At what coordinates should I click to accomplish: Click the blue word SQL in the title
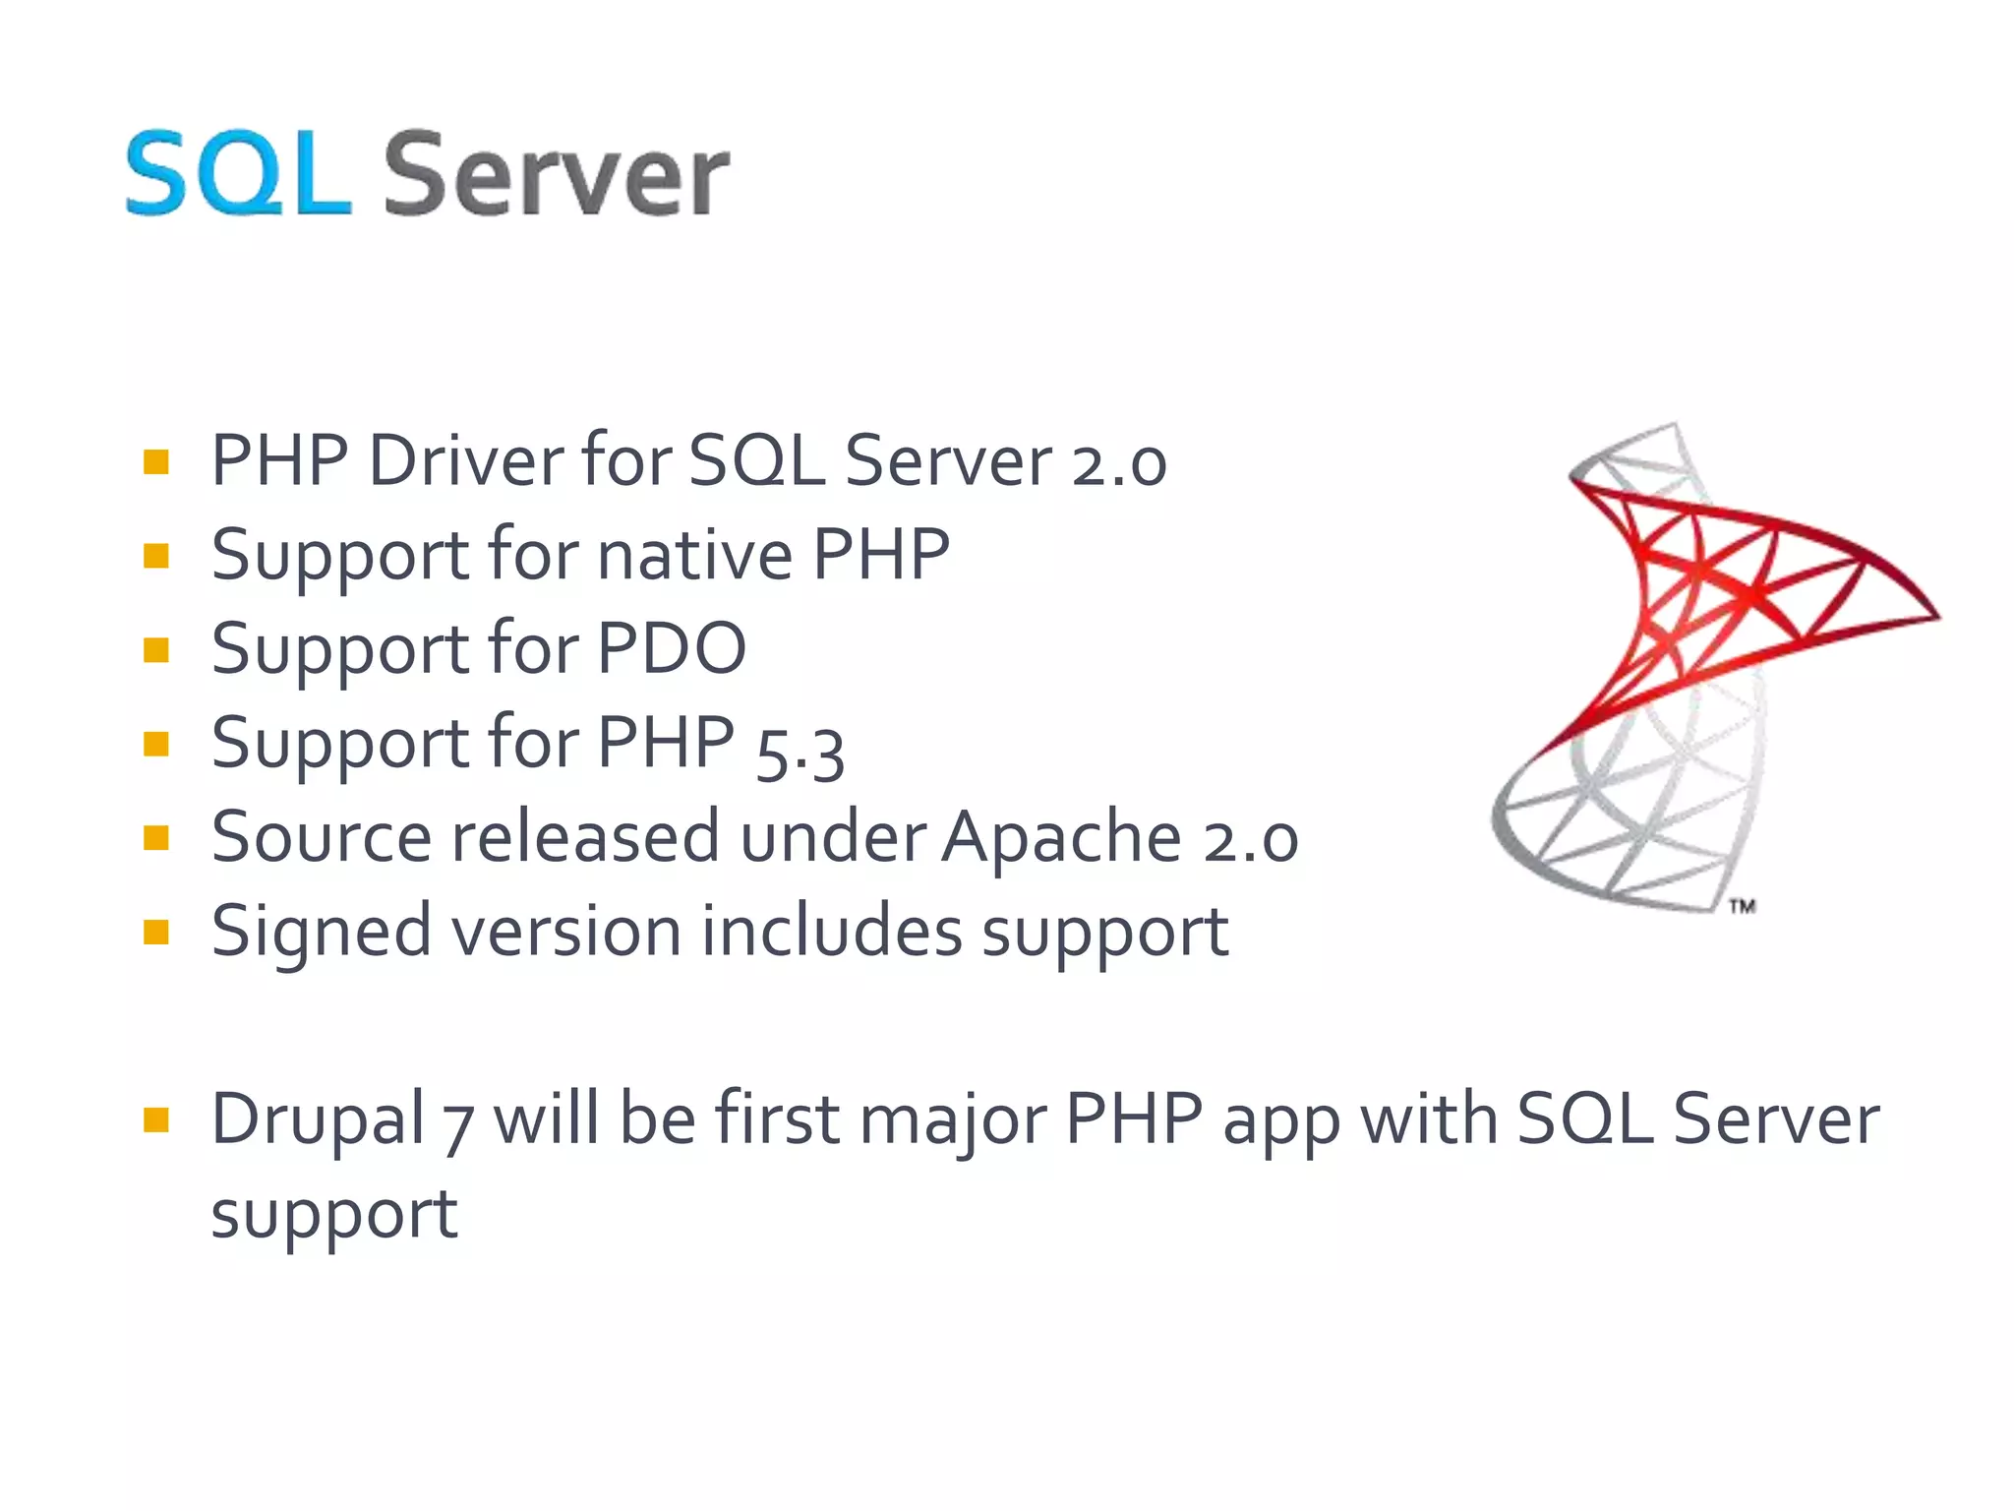point(238,175)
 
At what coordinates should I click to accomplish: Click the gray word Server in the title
point(556,177)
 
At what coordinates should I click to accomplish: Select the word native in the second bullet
point(694,555)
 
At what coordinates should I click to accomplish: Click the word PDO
point(672,648)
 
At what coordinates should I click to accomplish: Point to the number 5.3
point(800,754)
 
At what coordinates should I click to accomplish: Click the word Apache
point(1061,837)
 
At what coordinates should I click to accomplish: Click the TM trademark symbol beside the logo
point(1742,906)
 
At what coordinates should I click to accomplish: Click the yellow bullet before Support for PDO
point(156,650)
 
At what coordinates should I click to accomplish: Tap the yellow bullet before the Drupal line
point(156,1119)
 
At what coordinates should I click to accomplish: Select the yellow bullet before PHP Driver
point(156,461)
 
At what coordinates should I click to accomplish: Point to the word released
point(585,837)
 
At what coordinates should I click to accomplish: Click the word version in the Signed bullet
point(565,932)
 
